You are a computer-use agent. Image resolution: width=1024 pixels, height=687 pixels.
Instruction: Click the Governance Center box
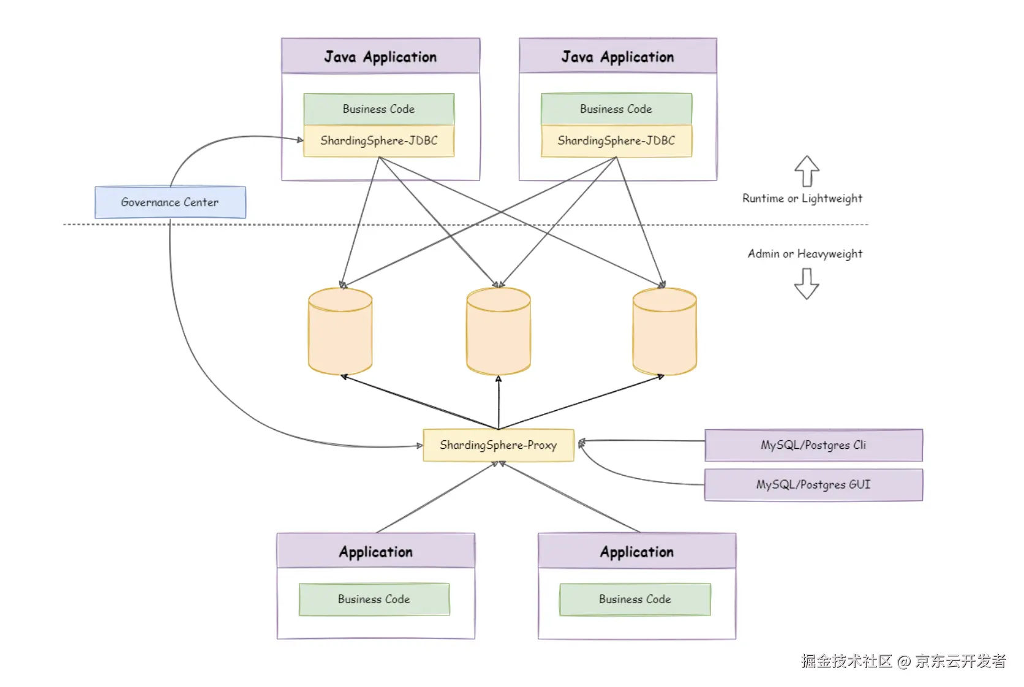170,202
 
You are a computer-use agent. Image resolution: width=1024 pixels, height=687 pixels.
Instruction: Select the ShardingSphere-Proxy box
499,445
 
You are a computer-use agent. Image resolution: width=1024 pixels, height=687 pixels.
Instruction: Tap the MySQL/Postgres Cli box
813,445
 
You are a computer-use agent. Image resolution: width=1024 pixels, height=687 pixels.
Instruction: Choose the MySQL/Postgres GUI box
813,485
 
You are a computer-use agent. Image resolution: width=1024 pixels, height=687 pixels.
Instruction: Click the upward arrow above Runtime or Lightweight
807,171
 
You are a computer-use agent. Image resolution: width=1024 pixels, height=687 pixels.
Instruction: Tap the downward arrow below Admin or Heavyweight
807,283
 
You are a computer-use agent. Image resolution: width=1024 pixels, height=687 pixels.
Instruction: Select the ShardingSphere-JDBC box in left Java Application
379,141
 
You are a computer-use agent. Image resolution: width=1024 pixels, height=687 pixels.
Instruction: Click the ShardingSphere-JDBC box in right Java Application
616,141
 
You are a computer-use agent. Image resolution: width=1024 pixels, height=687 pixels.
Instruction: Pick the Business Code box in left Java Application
379,109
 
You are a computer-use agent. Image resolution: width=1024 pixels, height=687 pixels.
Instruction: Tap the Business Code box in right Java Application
616,109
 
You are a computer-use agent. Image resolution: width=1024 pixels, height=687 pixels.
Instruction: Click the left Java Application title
380,57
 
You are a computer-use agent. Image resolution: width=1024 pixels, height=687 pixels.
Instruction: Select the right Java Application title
617,57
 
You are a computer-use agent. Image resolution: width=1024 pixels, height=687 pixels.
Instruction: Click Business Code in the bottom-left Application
374,599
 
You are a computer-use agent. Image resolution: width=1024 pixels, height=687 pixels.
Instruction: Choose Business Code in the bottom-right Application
635,599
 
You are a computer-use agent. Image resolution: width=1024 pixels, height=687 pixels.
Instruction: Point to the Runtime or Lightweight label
802,198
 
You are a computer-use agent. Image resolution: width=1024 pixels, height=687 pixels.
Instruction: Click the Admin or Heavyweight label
805,253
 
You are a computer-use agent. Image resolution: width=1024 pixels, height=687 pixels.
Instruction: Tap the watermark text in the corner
903,661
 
